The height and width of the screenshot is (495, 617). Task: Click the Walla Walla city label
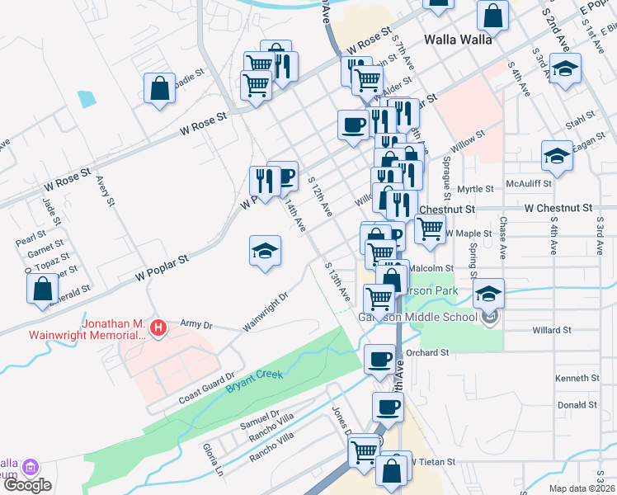click(x=458, y=39)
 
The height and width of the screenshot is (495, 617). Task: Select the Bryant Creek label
click(x=255, y=380)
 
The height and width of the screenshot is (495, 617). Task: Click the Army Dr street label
click(x=195, y=327)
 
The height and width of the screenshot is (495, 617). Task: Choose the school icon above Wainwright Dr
click(x=266, y=252)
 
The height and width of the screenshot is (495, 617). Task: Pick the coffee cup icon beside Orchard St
click(x=379, y=359)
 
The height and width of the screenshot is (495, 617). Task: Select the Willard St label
click(x=552, y=330)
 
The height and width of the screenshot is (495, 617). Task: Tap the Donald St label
click(x=577, y=405)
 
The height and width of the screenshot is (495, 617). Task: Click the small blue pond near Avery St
click(x=87, y=99)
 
